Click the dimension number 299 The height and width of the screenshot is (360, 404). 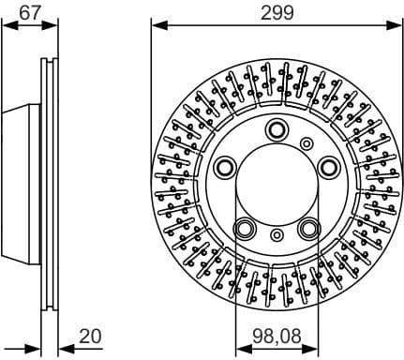click(277, 12)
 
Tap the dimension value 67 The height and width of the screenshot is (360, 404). click(30, 12)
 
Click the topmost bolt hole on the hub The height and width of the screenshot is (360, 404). click(277, 129)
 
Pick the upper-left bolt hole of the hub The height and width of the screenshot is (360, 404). click(226, 167)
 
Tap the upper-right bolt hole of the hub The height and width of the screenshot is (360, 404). click(328, 167)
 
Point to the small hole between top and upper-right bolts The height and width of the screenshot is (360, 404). click(306, 142)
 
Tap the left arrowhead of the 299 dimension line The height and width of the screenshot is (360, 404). click(156, 27)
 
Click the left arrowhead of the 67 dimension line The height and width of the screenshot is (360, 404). click(6, 27)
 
